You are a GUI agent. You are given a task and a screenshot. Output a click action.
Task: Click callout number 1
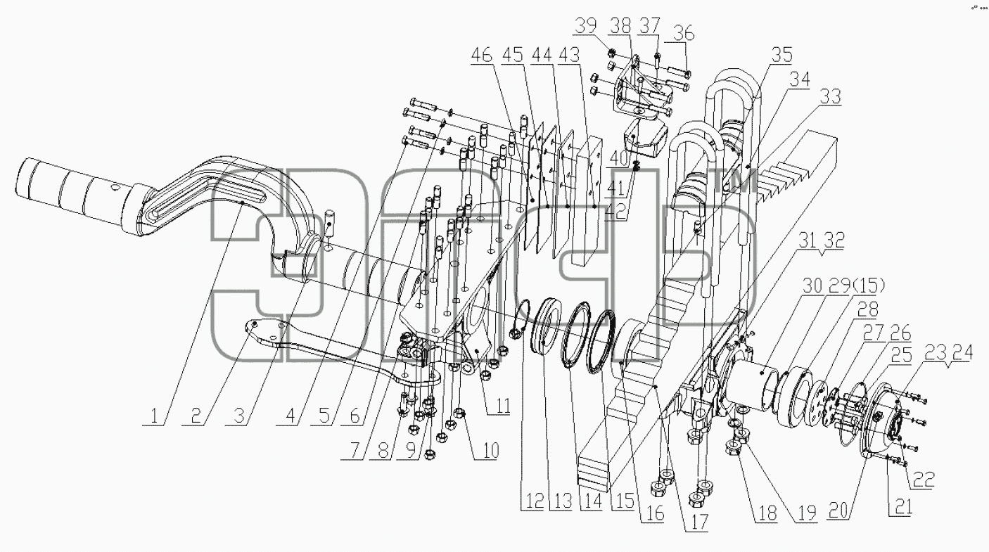coord(153,416)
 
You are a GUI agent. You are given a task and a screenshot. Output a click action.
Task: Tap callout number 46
coord(482,55)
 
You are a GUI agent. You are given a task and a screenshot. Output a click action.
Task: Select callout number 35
coord(781,55)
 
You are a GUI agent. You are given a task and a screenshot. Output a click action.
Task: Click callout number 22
coord(924,479)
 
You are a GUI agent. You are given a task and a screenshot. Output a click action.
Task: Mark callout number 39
coord(585,26)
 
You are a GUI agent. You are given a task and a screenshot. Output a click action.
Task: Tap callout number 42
coord(615,212)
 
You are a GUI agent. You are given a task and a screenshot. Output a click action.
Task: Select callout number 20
coord(838,511)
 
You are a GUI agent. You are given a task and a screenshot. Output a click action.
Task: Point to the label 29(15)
coord(857,286)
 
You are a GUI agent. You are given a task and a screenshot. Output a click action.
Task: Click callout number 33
coord(830,96)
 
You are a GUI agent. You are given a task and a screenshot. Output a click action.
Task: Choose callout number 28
coord(867,309)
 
